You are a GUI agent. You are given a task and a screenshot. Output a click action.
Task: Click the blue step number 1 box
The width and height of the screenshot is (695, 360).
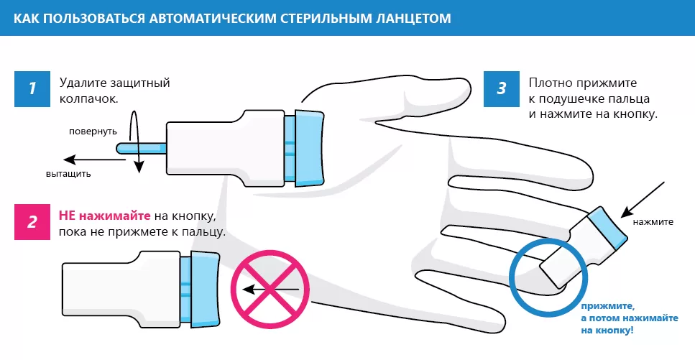[32, 89]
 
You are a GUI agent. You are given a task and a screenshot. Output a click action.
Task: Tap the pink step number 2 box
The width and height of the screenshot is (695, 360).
[32, 221]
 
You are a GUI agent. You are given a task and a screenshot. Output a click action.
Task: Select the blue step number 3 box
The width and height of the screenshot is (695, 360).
[502, 89]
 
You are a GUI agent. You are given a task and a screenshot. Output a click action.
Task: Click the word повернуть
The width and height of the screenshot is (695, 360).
[93, 132]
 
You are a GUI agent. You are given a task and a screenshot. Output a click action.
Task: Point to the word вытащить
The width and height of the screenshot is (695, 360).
[68, 174]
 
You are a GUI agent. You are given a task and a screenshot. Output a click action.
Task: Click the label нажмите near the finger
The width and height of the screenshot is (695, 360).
[653, 221]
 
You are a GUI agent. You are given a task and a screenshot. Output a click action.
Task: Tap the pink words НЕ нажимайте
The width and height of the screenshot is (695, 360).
[104, 216]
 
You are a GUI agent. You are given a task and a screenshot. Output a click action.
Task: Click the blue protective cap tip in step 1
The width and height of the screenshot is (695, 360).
[141, 147]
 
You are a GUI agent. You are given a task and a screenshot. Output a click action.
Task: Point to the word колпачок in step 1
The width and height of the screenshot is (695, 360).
[88, 98]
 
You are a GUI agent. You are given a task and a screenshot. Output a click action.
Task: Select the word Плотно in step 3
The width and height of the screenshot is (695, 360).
[548, 83]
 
